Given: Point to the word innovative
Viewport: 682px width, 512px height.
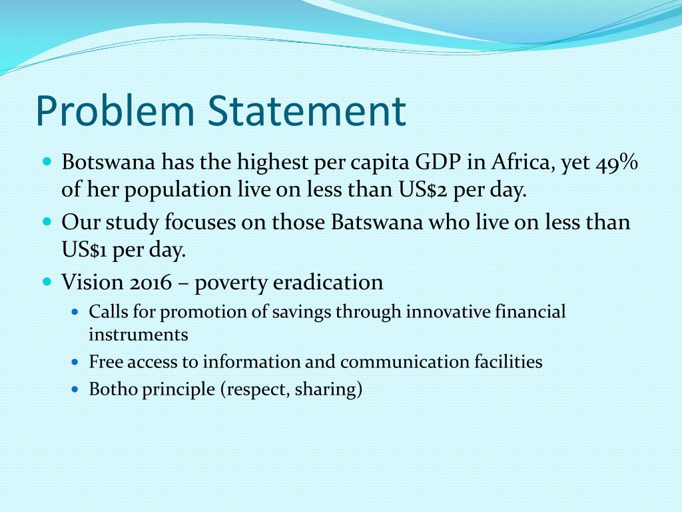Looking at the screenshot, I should (450, 311).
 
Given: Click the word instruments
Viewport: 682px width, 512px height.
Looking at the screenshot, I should (139, 335).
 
